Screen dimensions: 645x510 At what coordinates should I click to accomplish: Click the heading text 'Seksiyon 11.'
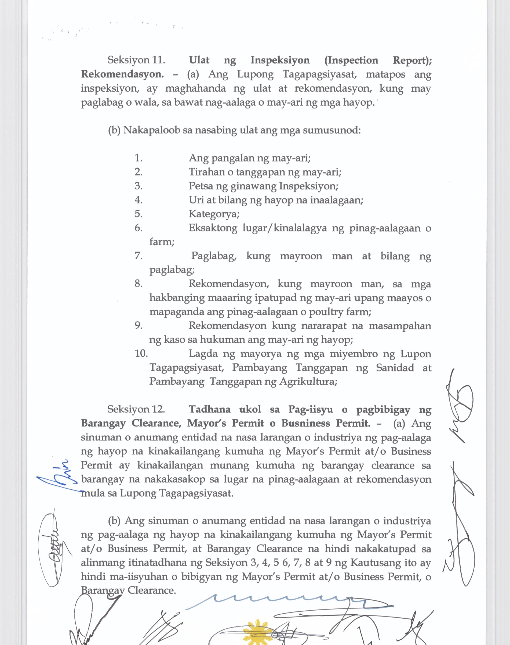136,60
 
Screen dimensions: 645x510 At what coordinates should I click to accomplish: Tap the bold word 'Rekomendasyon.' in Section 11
122,74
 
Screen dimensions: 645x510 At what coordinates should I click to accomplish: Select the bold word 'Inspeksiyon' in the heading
280,60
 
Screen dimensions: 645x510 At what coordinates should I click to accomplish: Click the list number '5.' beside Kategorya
138,214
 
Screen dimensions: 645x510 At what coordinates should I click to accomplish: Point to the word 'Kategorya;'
214,214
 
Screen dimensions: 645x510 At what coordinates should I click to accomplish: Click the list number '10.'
141,354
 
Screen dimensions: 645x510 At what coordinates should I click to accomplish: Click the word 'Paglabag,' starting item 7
214,256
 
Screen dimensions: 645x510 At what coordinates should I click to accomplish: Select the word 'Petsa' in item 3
199,186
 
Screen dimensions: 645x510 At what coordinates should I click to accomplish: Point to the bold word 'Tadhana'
210,409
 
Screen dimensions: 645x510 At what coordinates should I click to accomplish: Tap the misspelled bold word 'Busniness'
306,423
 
